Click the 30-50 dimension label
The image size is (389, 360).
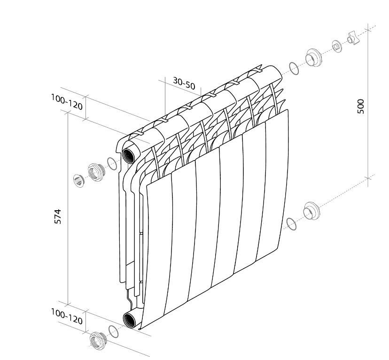click(x=184, y=83)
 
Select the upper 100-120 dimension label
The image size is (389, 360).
click(x=67, y=102)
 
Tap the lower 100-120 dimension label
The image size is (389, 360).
click(x=67, y=317)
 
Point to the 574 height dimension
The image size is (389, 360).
click(x=58, y=216)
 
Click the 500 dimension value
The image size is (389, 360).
click(x=361, y=107)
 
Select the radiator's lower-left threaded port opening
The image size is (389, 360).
click(x=129, y=320)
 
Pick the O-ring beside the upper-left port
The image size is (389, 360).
click(x=112, y=164)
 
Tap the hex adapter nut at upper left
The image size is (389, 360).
click(x=95, y=172)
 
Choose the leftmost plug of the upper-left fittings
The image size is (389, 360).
click(x=79, y=181)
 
